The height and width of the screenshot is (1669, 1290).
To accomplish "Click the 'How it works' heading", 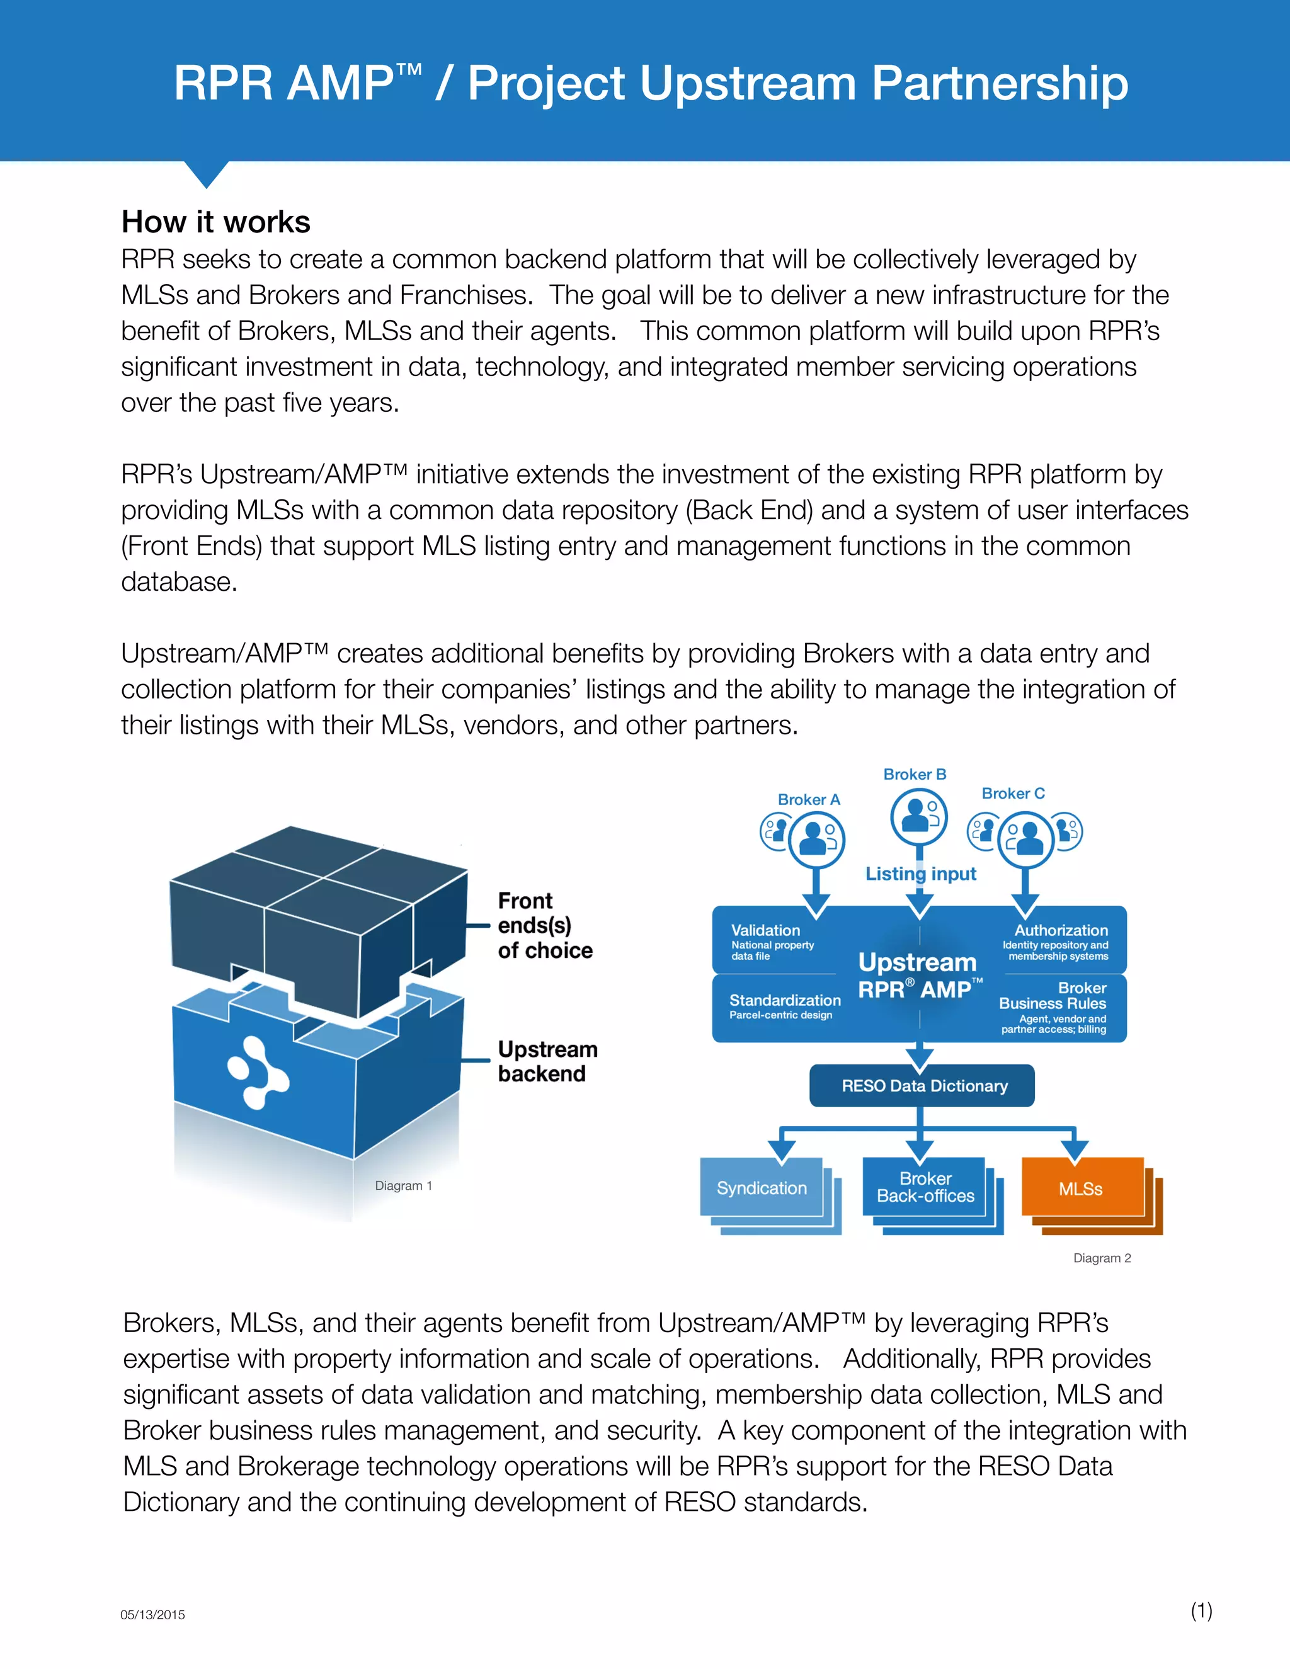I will (215, 222).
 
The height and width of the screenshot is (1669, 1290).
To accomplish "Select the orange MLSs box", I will (1082, 1188).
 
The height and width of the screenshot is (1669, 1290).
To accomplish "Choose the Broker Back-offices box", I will (925, 1188).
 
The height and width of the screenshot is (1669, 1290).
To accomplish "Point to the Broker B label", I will (915, 774).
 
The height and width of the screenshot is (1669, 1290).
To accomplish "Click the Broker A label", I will (809, 799).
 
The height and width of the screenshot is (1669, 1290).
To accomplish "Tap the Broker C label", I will (1013, 793).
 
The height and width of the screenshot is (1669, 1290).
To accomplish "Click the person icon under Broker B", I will (918, 816).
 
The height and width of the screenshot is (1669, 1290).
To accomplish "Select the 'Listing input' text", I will (920, 874).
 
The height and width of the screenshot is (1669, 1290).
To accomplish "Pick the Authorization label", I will (1061, 930).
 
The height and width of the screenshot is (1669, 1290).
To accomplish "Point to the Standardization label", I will (785, 1000).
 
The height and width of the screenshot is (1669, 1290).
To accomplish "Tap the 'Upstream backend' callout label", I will (547, 1061).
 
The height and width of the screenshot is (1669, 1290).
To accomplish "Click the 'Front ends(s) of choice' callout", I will (545, 925).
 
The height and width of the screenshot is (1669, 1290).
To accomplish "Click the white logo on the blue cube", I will (258, 1072).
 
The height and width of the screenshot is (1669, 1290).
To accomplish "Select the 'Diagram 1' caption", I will (404, 1185).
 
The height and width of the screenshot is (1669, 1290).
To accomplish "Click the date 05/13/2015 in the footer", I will (153, 1615).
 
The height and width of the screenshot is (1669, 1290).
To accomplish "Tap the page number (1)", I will (1201, 1611).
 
